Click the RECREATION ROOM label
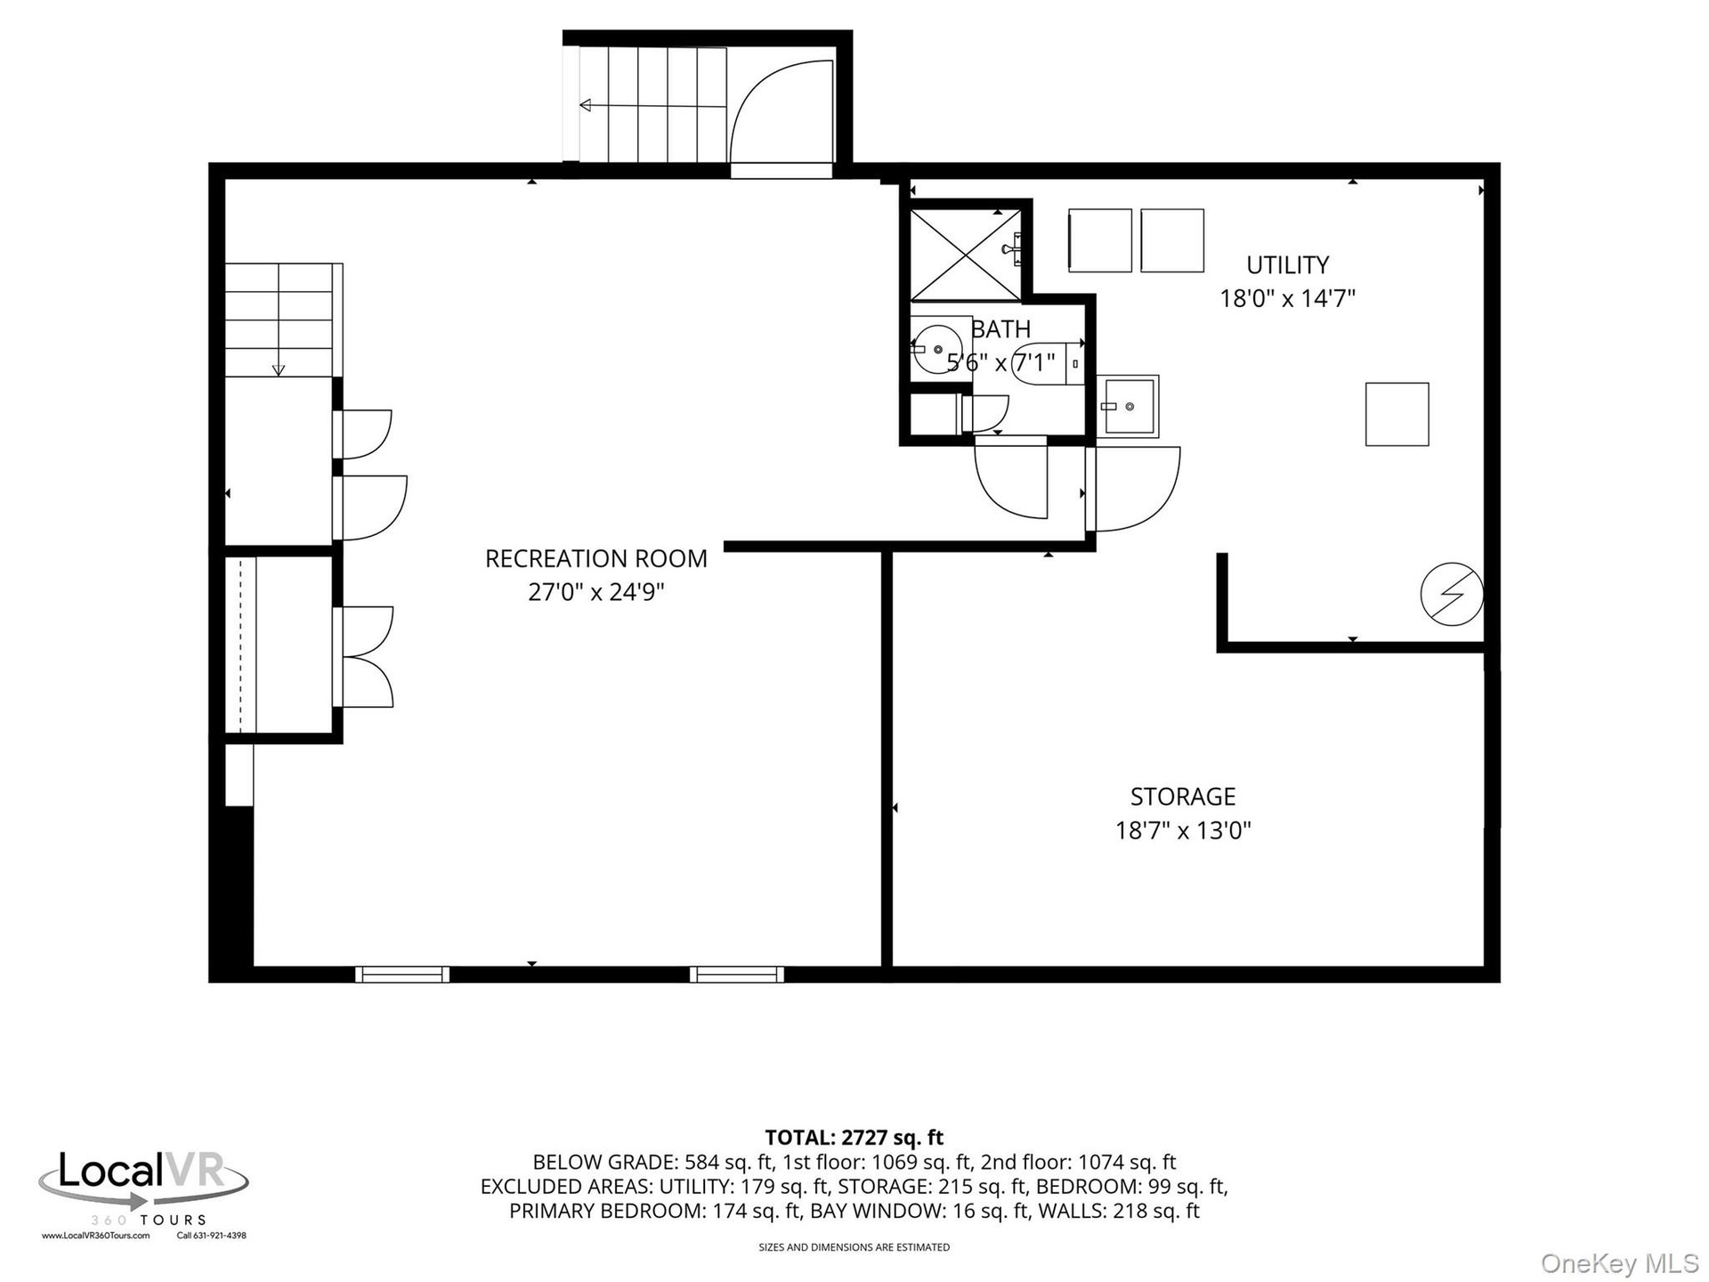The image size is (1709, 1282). click(595, 558)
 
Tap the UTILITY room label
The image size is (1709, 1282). click(1287, 264)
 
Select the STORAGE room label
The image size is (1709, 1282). click(1183, 796)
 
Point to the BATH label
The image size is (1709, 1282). click(1000, 329)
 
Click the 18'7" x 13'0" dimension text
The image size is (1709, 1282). click(1183, 831)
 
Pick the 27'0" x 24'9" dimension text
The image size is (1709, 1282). click(595, 592)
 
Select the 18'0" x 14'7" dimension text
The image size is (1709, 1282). click(1287, 298)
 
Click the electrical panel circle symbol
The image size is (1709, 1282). click(1452, 594)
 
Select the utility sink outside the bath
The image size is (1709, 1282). click(1128, 407)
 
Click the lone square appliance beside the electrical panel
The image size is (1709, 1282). click(1397, 414)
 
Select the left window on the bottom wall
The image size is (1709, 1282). click(402, 975)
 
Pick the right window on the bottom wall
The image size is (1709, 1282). click(737, 975)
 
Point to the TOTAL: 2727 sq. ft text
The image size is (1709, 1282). click(854, 1138)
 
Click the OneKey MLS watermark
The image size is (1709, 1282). click(1620, 1263)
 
